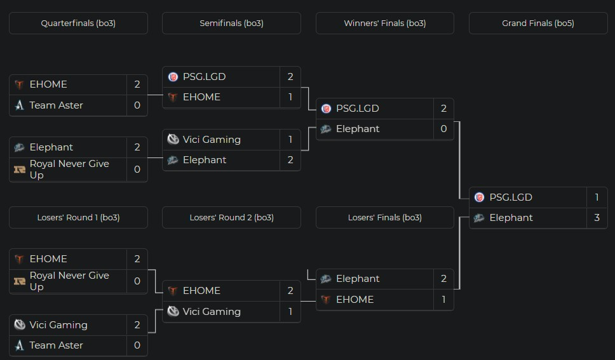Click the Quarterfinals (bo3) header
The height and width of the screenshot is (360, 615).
click(x=78, y=23)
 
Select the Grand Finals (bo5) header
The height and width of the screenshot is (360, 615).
click(x=537, y=23)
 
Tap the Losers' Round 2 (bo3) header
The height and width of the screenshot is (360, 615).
click(x=231, y=218)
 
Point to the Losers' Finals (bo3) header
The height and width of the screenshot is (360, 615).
click(x=384, y=218)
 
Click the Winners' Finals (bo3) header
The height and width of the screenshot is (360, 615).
click(x=384, y=23)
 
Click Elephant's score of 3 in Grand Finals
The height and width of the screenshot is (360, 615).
click(x=597, y=218)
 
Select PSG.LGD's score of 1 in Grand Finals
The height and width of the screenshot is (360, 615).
click(x=597, y=197)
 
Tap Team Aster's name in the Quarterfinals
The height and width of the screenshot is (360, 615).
click(x=56, y=105)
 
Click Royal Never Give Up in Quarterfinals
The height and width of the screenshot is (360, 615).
click(x=69, y=169)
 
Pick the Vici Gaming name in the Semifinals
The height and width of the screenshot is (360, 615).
click(x=212, y=140)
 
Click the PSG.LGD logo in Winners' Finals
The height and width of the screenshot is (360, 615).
click(x=326, y=109)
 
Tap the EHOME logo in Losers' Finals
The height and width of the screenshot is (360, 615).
click(x=326, y=300)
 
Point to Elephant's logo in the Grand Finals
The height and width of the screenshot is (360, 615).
click(x=479, y=218)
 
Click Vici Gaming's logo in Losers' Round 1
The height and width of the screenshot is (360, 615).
click(x=20, y=325)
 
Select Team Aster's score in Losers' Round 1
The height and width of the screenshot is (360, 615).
click(x=137, y=345)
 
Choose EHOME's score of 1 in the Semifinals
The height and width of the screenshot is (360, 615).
click(x=290, y=97)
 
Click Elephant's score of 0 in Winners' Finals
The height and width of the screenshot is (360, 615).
click(x=443, y=129)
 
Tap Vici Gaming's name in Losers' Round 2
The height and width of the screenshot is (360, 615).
click(x=212, y=312)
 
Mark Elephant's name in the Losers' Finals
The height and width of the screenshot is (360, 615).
click(x=358, y=279)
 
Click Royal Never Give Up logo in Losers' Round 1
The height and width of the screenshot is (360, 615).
click(x=20, y=281)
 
